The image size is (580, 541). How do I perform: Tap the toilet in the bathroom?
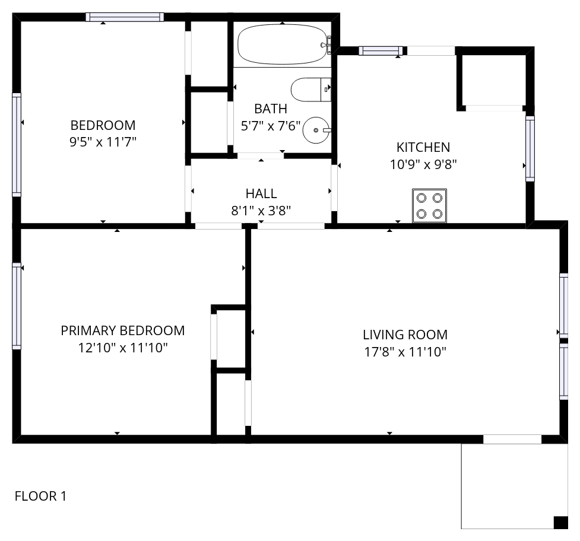(x=310, y=90)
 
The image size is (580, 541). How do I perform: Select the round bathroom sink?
(x=316, y=130)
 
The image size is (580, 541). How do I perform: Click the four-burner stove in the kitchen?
(x=429, y=206)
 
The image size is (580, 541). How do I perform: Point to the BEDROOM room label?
(x=103, y=125)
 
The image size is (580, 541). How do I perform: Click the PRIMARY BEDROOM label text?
(x=123, y=330)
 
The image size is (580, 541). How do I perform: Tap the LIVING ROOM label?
(x=405, y=335)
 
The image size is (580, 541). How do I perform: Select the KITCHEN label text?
(x=423, y=147)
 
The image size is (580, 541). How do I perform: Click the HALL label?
(x=261, y=193)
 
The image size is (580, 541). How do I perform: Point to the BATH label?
(x=271, y=109)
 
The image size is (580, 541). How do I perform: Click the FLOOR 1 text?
(x=41, y=496)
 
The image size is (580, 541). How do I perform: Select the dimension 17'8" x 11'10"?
(x=405, y=351)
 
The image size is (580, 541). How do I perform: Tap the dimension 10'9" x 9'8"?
(x=423, y=164)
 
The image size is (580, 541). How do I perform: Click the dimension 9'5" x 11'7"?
(x=103, y=142)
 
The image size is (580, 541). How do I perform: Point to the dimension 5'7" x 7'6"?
(x=271, y=126)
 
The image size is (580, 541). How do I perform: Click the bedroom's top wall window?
(x=125, y=17)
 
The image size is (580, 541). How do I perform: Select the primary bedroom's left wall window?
(x=17, y=306)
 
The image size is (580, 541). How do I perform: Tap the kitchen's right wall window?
(x=530, y=148)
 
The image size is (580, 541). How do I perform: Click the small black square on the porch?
(x=560, y=522)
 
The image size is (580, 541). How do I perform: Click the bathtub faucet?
(x=327, y=44)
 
